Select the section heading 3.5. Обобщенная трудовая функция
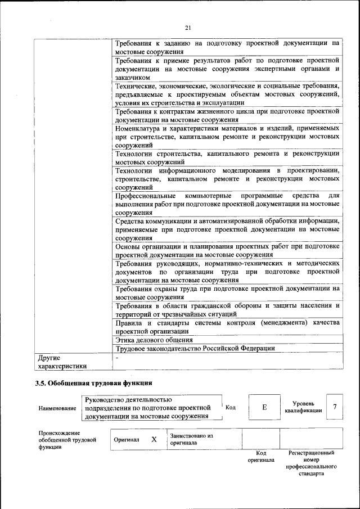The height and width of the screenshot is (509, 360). tap(94, 384)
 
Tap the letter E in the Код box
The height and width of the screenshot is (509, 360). tap(264, 407)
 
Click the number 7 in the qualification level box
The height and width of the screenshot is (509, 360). tap(335, 407)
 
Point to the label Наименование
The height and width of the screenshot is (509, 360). tap(57, 408)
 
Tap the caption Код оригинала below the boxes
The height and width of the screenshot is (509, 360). tap(261, 456)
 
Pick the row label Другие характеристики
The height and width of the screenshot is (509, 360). tap(62, 362)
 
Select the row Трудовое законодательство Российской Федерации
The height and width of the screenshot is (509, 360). tap(195, 348)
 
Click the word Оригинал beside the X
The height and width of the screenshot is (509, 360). tap(127, 440)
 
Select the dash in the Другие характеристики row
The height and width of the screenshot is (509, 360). tap(117, 357)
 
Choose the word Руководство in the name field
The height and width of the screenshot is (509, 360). tap(106, 399)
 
